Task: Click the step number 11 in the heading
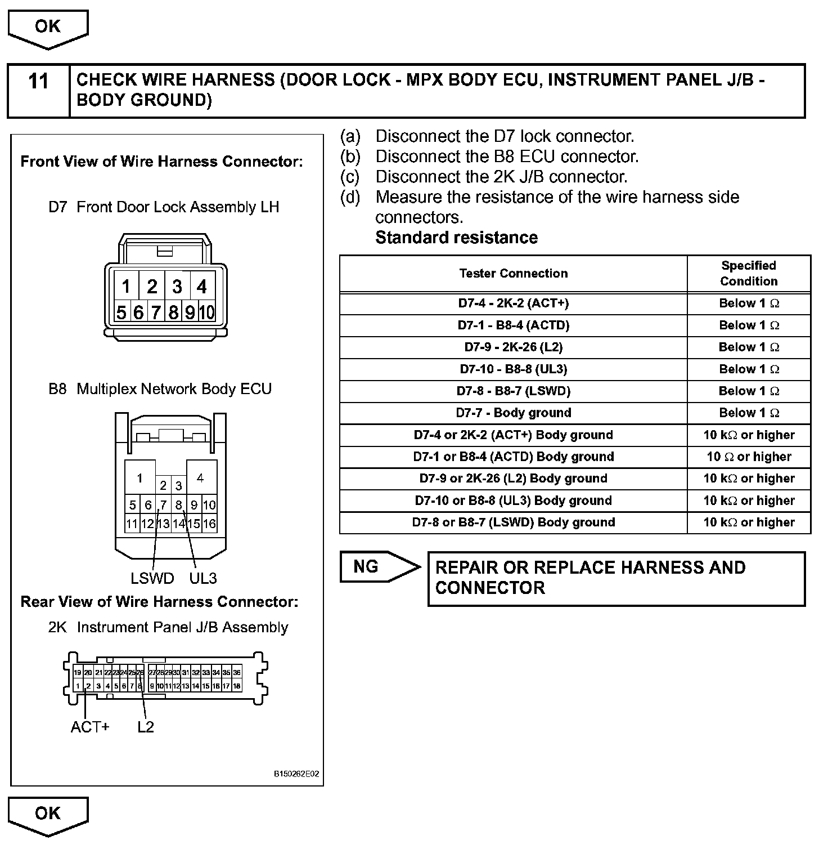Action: pyautogui.click(x=38, y=82)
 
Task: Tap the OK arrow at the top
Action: pyautogui.click(x=48, y=27)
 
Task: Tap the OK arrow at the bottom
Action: pyautogui.click(x=48, y=814)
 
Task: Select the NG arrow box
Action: pyautogui.click(x=377, y=566)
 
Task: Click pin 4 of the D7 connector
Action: pyautogui.click(x=202, y=287)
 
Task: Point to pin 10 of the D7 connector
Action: pyautogui.click(x=207, y=312)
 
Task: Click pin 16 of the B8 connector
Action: pyautogui.click(x=209, y=524)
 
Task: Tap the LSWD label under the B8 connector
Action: pyautogui.click(x=152, y=578)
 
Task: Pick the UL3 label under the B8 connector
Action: pyautogui.click(x=203, y=578)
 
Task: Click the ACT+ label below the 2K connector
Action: pyautogui.click(x=90, y=727)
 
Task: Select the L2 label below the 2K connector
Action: pyautogui.click(x=145, y=727)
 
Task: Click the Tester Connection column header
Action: pyautogui.click(x=513, y=274)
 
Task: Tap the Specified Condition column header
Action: pyautogui.click(x=748, y=273)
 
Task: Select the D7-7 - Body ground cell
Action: pyautogui.click(x=513, y=413)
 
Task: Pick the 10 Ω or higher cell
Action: pyautogui.click(x=748, y=457)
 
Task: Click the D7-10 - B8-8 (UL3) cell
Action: pyautogui.click(x=513, y=369)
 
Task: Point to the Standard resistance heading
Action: pyautogui.click(x=456, y=238)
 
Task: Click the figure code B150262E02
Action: pyautogui.click(x=296, y=774)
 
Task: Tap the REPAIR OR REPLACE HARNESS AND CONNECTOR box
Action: pyautogui.click(x=616, y=578)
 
